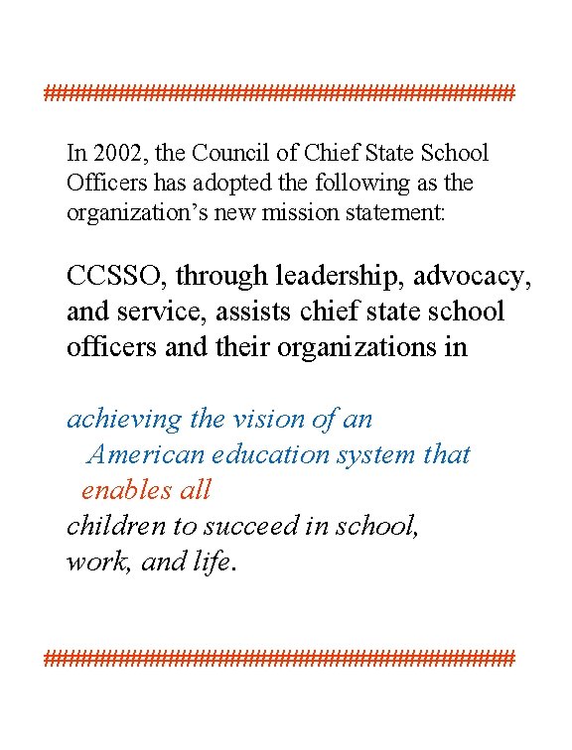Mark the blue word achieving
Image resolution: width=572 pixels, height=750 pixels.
(124, 420)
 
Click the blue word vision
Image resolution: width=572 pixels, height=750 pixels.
(261, 420)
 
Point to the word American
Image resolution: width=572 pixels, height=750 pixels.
(146, 455)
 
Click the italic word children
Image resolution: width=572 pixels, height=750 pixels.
(111, 526)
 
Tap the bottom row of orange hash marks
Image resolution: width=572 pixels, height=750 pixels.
(279, 657)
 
